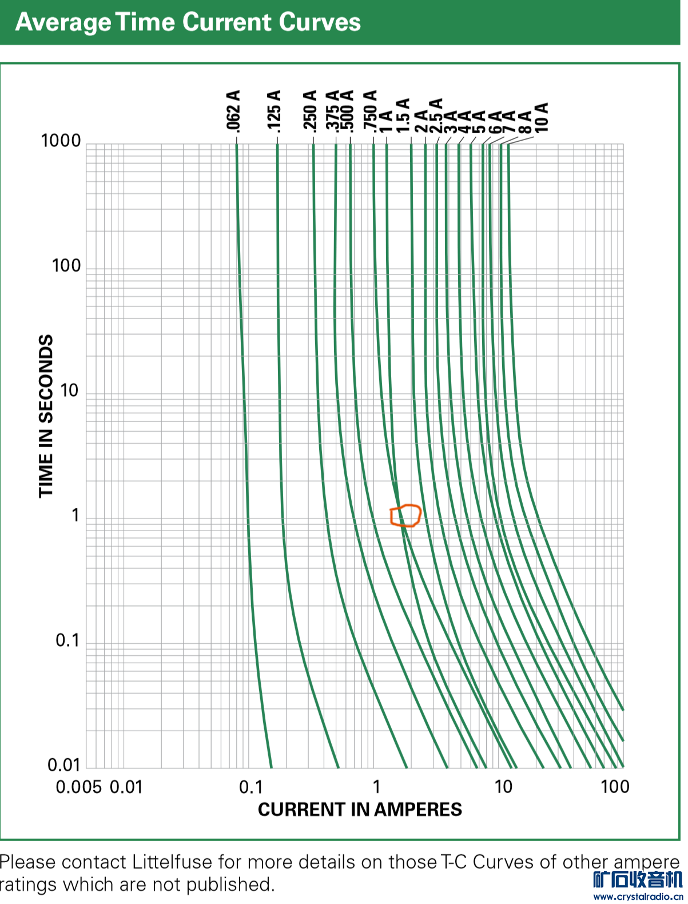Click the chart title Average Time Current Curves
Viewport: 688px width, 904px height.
pos(188,22)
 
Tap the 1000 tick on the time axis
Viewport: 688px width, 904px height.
pos(61,141)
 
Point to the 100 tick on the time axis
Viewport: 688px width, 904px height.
pos(66,266)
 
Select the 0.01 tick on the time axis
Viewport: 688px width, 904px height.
pos(63,765)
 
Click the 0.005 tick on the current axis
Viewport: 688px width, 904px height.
pos(78,787)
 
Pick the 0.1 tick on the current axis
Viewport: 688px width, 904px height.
pos(250,787)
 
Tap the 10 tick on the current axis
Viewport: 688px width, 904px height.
pos(503,787)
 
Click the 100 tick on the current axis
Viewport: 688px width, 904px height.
pos(615,787)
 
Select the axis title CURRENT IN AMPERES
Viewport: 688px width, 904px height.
pos(360,810)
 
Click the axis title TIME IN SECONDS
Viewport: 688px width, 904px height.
pos(46,416)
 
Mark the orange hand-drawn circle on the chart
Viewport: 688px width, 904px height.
pos(405,515)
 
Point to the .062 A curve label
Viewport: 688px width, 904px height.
pos(233,110)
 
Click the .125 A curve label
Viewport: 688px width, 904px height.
pos(274,110)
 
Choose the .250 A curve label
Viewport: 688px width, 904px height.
pos(309,110)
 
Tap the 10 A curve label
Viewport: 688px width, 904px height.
pos(542,117)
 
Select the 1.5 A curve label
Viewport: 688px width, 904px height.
pos(403,115)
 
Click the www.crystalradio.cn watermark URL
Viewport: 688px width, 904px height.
pos(638,897)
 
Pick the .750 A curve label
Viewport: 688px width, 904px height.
pos(370,111)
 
